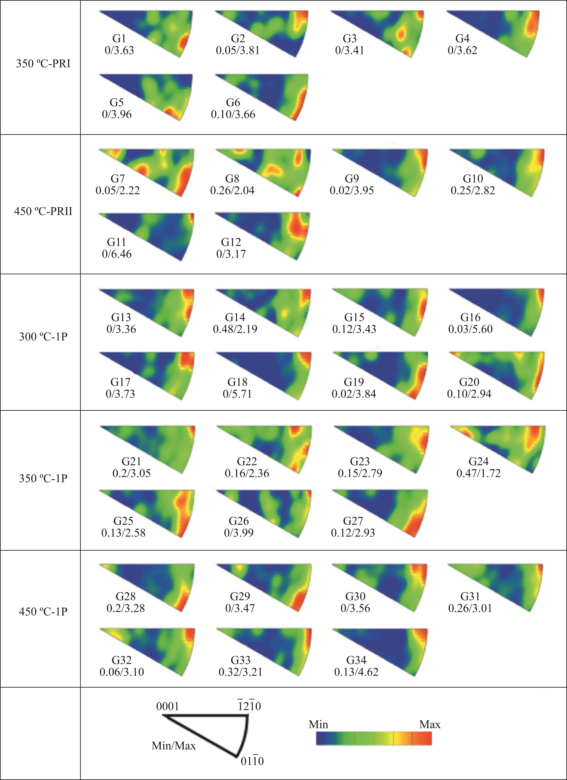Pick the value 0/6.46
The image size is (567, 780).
(x=117, y=254)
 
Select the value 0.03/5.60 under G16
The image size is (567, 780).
(x=470, y=329)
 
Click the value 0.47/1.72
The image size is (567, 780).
(x=478, y=473)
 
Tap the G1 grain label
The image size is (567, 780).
(x=119, y=39)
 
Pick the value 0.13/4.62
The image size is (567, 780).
(x=356, y=672)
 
